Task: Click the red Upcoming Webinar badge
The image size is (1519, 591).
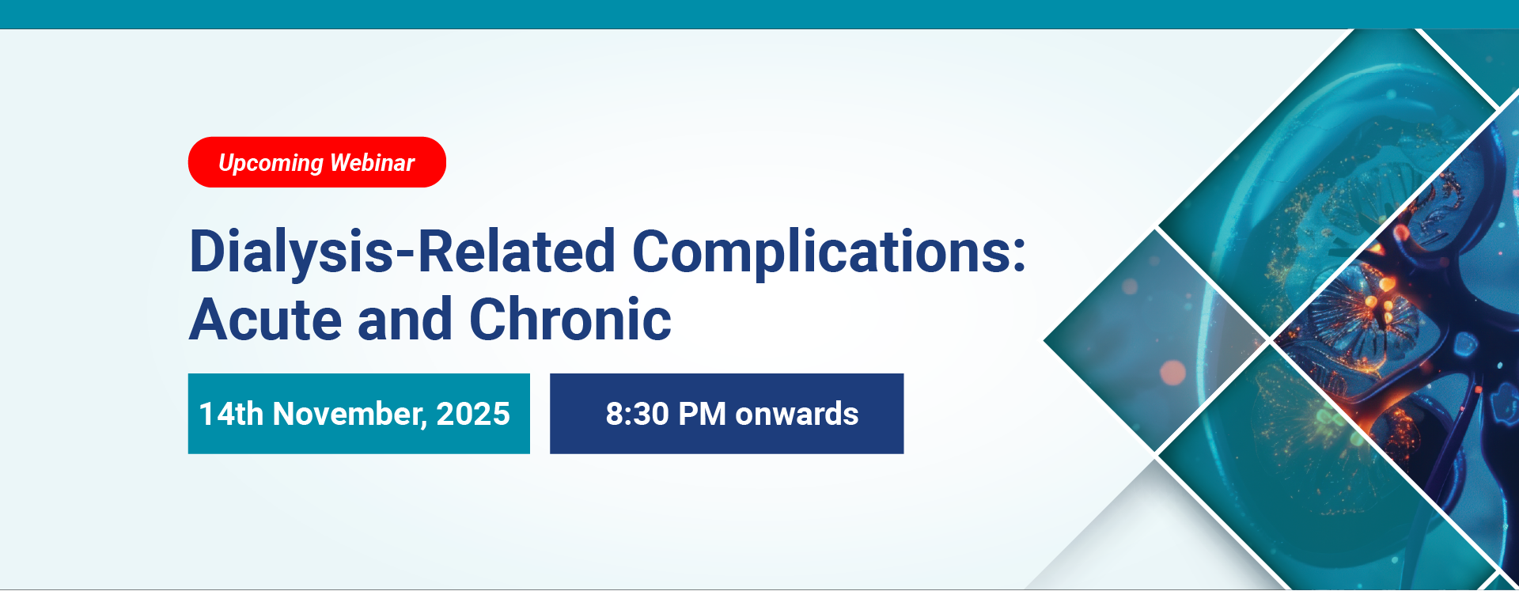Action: tap(317, 162)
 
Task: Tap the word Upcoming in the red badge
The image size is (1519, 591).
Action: tap(271, 163)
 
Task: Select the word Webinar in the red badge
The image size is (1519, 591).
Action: tap(372, 162)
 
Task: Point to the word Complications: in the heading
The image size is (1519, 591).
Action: tap(828, 252)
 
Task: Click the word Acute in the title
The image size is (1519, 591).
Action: tap(266, 320)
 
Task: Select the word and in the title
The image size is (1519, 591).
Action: tap(406, 320)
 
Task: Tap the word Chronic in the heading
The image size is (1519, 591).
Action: tap(570, 320)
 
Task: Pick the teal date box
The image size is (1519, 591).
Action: tap(359, 414)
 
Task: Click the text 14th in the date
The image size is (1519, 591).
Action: tap(231, 414)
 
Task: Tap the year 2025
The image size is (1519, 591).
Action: tap(473, 414)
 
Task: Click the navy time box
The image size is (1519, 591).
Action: tap(727, 414)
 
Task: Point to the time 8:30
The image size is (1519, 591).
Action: tap(638, 414)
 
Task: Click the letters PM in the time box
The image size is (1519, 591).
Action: tap(703, 414)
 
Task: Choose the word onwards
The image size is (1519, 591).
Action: tap(797, 414)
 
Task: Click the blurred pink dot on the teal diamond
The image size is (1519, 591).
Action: tap(1172, 372)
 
